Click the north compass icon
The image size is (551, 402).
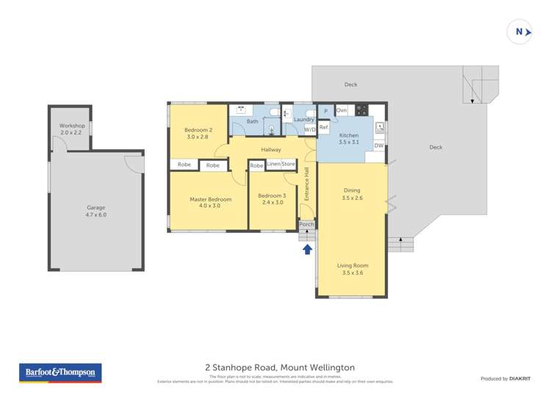pyautogui.click(x=520, y=32)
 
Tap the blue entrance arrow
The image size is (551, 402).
pyautogui.click(x=307, y=250)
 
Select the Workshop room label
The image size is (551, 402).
pyautogui.click(x=72, y=129)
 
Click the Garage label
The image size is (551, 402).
pyautogui.click(x=96, y=212)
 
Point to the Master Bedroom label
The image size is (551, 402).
pyautogui.click(x=210, y=202)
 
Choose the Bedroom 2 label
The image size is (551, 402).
pyautogui.click(x=198, y=133)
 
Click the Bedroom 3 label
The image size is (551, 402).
pyautogui.click(x=272, y=198)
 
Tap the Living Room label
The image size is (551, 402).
pyautogui.click(x=353, y=269)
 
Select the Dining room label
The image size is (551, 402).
pyautogui.click(x=353, y=194)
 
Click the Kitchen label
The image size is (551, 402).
pyautogui.click(x=349, y=139)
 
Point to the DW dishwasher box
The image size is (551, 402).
pyautogui.click(x=378, y=146)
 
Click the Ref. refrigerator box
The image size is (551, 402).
pyautogui.click(x=324, y=127)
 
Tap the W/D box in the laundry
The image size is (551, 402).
pyautogui.click(x=310, y=129)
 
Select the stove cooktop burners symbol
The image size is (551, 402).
pyautogui.click(x=361, y=110)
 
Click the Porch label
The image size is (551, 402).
pyautogui.click(x=306, y=225)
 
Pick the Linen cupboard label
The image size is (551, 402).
pyautogui.click(x=274, y=164)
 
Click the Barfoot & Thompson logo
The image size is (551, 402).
pyautogui.click(x=60, y=373)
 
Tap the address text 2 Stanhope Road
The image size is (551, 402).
pyautogui.click(x=279, y=367)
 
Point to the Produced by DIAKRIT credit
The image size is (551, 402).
pyautogui.click(x=505, y=378)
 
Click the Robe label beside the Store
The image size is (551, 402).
pyautogui.click(x=256, y=166)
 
